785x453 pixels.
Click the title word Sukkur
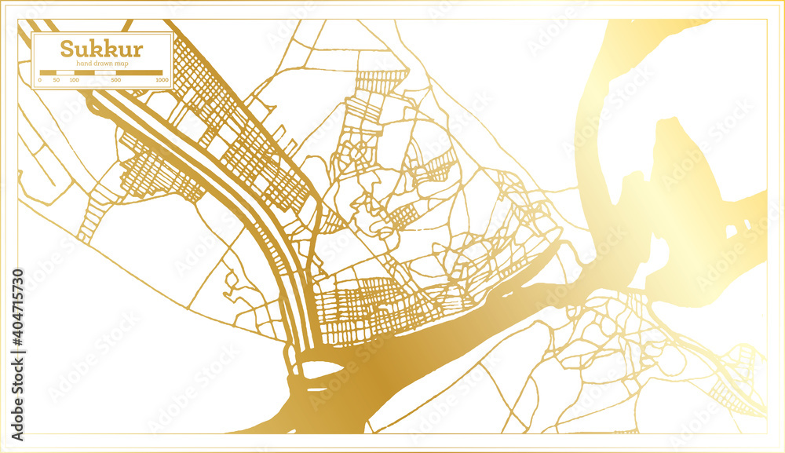click(x=101, y=49)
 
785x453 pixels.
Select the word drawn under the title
click(x=100, y=63)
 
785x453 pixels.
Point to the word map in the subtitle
click(x=119, y=63)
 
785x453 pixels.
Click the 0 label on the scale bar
click(x=39, y=80)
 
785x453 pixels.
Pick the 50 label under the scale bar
click(x=57, y=80)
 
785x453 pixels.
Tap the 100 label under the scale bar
click(x=74, y=80)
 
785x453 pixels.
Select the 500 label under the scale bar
click(x=116, y=80)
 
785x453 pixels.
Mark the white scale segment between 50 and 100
click(x=65, y=73)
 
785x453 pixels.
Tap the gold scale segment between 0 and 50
click(x=48, y=73)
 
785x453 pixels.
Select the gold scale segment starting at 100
click(x=84, y=73)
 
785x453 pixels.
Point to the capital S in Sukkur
click(x=68, y=49)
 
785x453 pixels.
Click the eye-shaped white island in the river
click(x=320, y=368)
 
